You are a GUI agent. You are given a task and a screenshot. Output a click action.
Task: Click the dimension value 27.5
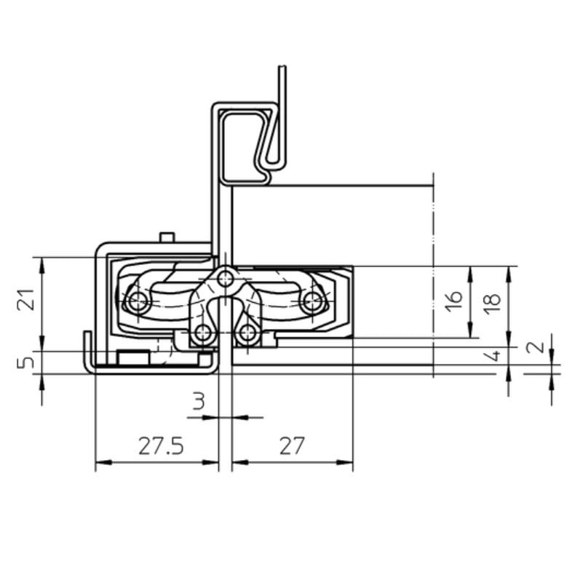click(161, 445)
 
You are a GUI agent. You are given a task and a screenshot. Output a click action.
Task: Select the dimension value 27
click(291, 445)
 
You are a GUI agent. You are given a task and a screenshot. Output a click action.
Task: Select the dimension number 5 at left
click(26, 362)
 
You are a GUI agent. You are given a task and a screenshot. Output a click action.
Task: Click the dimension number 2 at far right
click(536, 346)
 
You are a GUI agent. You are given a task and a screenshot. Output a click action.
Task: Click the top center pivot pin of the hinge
click(226, 277)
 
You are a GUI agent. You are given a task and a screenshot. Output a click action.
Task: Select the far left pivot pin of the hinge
click(136, 301)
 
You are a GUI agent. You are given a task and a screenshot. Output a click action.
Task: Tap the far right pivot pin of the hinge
click(313, 301)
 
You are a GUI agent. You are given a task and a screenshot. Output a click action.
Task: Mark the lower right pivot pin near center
click(247, 333)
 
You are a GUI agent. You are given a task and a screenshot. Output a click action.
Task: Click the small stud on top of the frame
click(167, 237)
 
